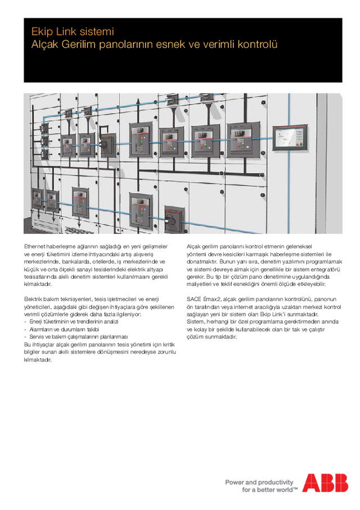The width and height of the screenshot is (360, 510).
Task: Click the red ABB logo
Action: point(325,483)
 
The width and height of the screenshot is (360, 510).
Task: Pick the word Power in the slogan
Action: point(235,482)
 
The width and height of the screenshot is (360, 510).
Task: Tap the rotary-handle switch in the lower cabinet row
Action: point(173,217)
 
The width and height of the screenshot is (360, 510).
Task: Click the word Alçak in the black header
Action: point(45,43)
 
